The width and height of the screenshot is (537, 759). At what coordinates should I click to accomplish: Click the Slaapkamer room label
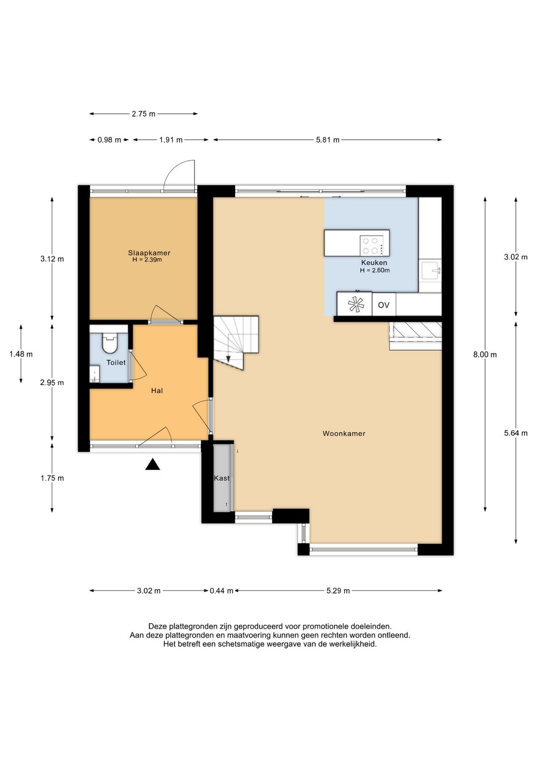pos(149,253)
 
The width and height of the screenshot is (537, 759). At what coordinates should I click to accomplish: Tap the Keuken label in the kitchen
pos(374,263)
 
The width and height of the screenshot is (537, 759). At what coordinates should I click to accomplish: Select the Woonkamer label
pos(344,433)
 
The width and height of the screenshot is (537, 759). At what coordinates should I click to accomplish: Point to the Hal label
pos(157,390)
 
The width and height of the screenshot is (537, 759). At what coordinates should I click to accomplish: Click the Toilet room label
pos(116,363)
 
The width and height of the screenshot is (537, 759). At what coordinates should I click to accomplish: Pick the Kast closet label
pos(222,478)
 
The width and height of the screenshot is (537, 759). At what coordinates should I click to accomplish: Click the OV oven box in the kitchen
pos(383,305)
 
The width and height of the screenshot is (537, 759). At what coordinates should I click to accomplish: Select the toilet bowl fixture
pos(109,343)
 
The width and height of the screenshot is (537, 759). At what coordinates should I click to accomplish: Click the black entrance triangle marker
pos(153,465)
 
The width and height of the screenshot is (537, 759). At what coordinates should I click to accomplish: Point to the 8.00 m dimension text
pos(485,355)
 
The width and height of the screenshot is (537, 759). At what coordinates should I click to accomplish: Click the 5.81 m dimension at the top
pos(328,140)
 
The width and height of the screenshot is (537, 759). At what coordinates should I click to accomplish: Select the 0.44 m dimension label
pos(222,590)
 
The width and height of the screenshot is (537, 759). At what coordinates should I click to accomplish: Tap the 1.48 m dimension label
pos(21,354)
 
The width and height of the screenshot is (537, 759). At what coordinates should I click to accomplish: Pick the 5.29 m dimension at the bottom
pos(338,590)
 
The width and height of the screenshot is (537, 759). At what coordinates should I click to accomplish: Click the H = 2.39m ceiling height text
pos(147,260)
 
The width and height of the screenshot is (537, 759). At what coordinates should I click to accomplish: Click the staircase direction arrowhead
pos(228,359)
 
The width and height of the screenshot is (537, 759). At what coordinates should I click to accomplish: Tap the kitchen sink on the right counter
pos(431,271)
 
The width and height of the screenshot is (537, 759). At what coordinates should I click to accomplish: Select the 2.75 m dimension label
pos(144,114)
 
